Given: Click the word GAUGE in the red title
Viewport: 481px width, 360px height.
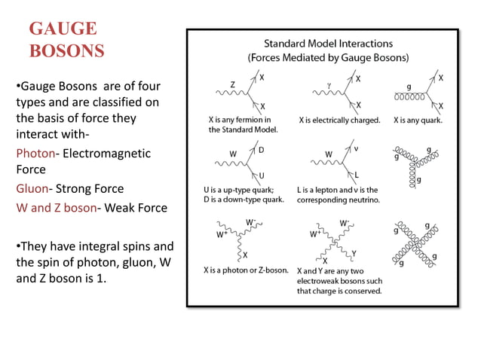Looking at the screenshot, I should click(x=63, y=29).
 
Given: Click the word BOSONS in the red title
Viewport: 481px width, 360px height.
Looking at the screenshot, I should click(x=66, y=51).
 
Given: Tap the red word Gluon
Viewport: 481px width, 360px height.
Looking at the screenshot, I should click(x=32, y=188).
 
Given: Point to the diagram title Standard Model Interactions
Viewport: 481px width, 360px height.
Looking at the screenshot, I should click(x=328, y=44).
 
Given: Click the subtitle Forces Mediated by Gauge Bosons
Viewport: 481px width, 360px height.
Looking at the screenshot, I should click(x=328, y=57).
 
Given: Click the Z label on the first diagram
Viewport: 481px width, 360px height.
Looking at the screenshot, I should click(x=231, y=84).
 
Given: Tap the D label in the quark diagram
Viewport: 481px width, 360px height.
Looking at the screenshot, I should click(x=261, y=150).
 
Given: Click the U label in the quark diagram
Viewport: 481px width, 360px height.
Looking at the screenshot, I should click(x=261, y=175).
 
